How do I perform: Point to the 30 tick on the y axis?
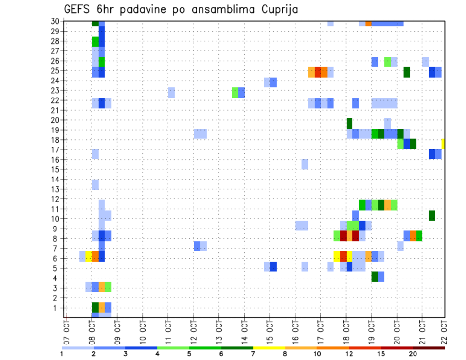click(55, 21)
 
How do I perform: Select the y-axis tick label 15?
click(55, 169)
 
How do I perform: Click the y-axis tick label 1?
click(56, 308)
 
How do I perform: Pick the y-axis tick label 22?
click(55, 100)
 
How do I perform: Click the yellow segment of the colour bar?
click(269, 348)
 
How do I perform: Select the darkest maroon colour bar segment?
click(429, 348)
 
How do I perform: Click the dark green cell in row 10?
click(432, 215)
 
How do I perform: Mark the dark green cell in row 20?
click(349, 123)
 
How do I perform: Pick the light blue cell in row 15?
click(305, 164)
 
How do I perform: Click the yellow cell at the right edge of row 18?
click(443, 144)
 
